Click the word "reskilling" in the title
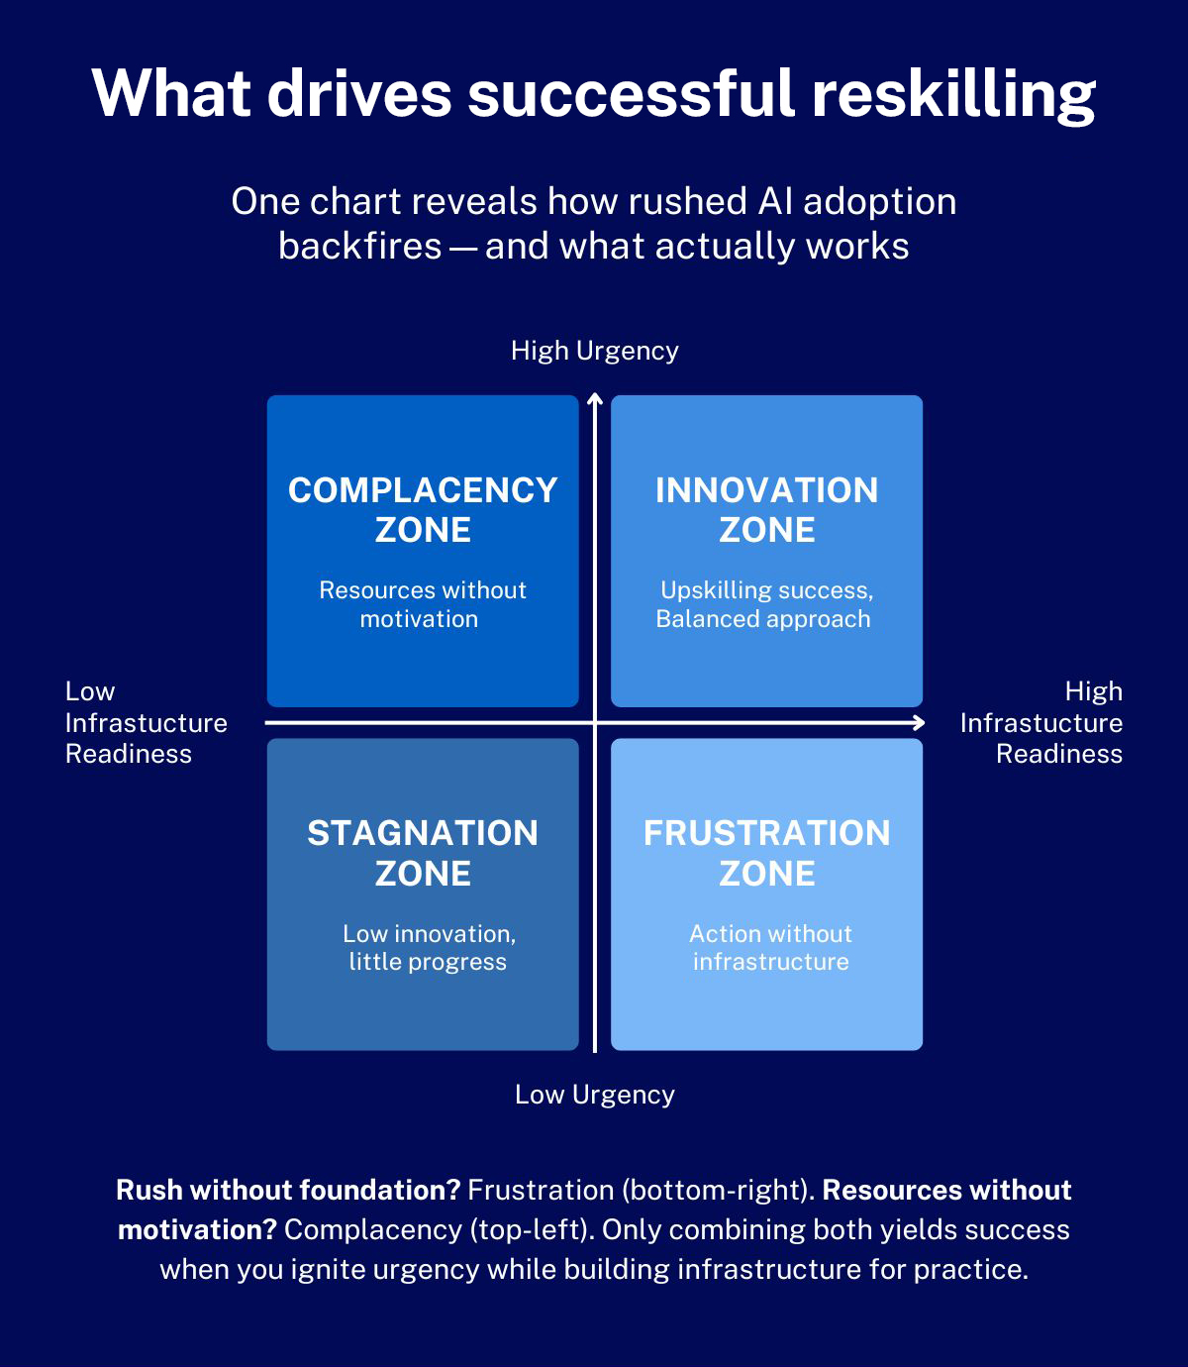click(x=953, y=95)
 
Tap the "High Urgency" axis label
click(x=594, y=351)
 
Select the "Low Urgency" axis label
click(x=594, y=1095)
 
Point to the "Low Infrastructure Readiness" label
click(x=146, y=722)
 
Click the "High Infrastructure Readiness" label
click(x=1041, y=722)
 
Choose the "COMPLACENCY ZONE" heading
click(x=423, y=510)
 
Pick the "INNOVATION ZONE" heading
click(x=766, y=510)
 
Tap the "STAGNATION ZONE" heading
click(x=423, y=853)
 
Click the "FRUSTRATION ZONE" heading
click(x=766, y=853)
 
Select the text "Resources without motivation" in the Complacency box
click(x=422, y=604)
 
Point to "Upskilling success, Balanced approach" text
click(x=764, y=604)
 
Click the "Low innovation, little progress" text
click(x=428, y=948)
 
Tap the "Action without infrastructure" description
click(x=770, y=948)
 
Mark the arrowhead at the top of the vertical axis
click(x=595, y=398)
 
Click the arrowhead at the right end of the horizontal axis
click(x=920, y=723)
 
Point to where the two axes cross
click(x=595, y=723)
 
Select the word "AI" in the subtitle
click(x=775, y=202)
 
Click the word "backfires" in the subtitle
click(x=359, y=247)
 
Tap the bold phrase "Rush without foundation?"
click(x=288, y=1190)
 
